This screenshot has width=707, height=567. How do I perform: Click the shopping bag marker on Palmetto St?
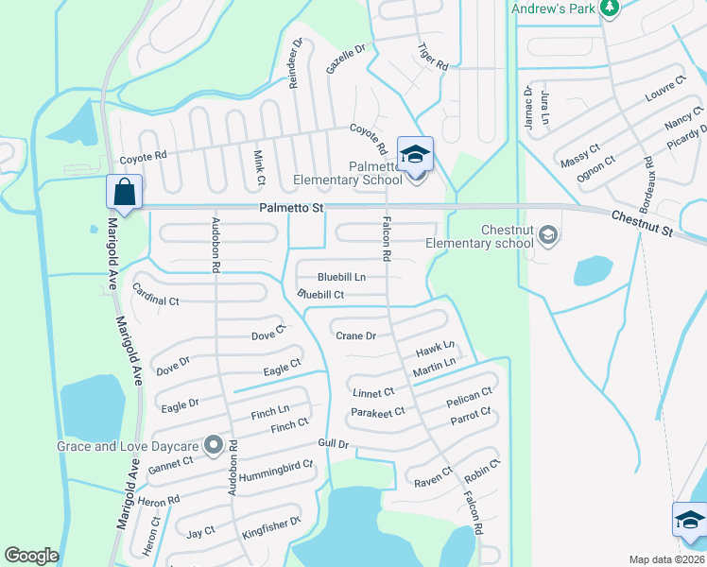pyautogui.click(x=125, y=192)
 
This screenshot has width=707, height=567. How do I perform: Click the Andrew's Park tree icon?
pyautogui.click(x=610, y=9)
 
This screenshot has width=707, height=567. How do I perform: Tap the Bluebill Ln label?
pyautogui.click(x=341, y=277)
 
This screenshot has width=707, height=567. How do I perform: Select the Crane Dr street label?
pyautogui.click(x=356, y=335)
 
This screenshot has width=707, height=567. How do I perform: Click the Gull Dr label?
pyautogui.click(x=335, y=444)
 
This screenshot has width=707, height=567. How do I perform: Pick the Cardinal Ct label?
pyautogui.click(x=156, y=295)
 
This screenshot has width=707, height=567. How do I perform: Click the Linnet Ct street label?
pyautogui.click(x=372, y=392)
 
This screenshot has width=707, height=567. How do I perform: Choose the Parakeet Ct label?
pyautogui.click(x=377, y=411)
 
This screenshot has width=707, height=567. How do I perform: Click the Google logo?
pyautogui.click(x=32, y=556)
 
